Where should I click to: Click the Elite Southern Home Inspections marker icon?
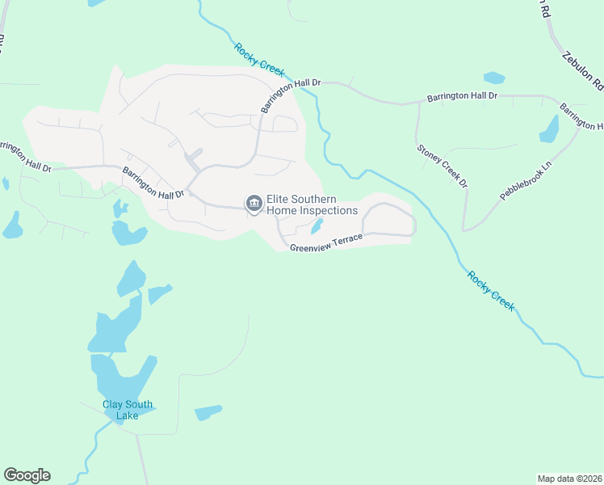[x=254, y=204]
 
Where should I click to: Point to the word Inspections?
[x=328, y=211]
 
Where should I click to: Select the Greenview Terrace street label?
[x=326, y=241]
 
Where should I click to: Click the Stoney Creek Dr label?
[x=443, y=166]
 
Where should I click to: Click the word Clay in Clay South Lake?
[x=113, y=405]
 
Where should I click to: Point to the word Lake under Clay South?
[x=127, y=415]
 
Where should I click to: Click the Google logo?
[x=27, y=475]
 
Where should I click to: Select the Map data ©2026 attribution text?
[x=569, y=478]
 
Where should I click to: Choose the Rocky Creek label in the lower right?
[x=490, y=289]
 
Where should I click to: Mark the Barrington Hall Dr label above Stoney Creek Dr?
[x=462, y=96]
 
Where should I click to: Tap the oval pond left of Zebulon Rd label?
[x=493, y=78]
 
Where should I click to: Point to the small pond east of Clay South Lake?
[x=208, y=412]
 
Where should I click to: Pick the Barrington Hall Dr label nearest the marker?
[x=153, y=183]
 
